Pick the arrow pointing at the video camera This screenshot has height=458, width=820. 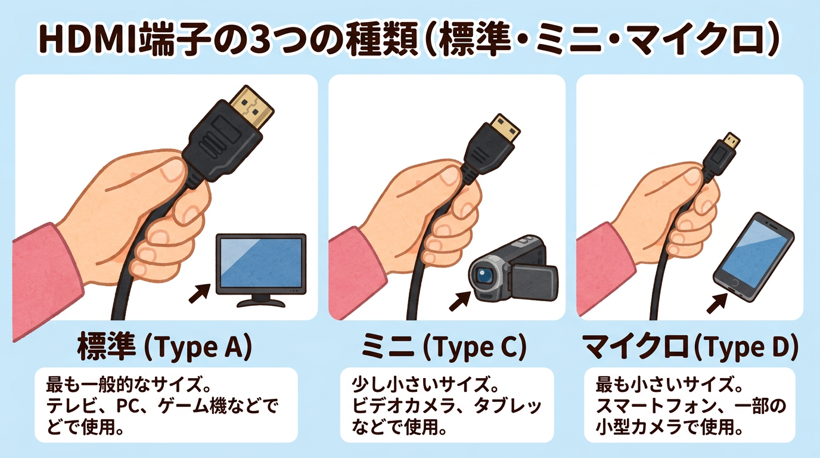click(x=457, y=300)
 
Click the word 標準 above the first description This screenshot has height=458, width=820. click(x=106, y=348)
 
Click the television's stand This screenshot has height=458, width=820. click(x=260, y=302)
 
